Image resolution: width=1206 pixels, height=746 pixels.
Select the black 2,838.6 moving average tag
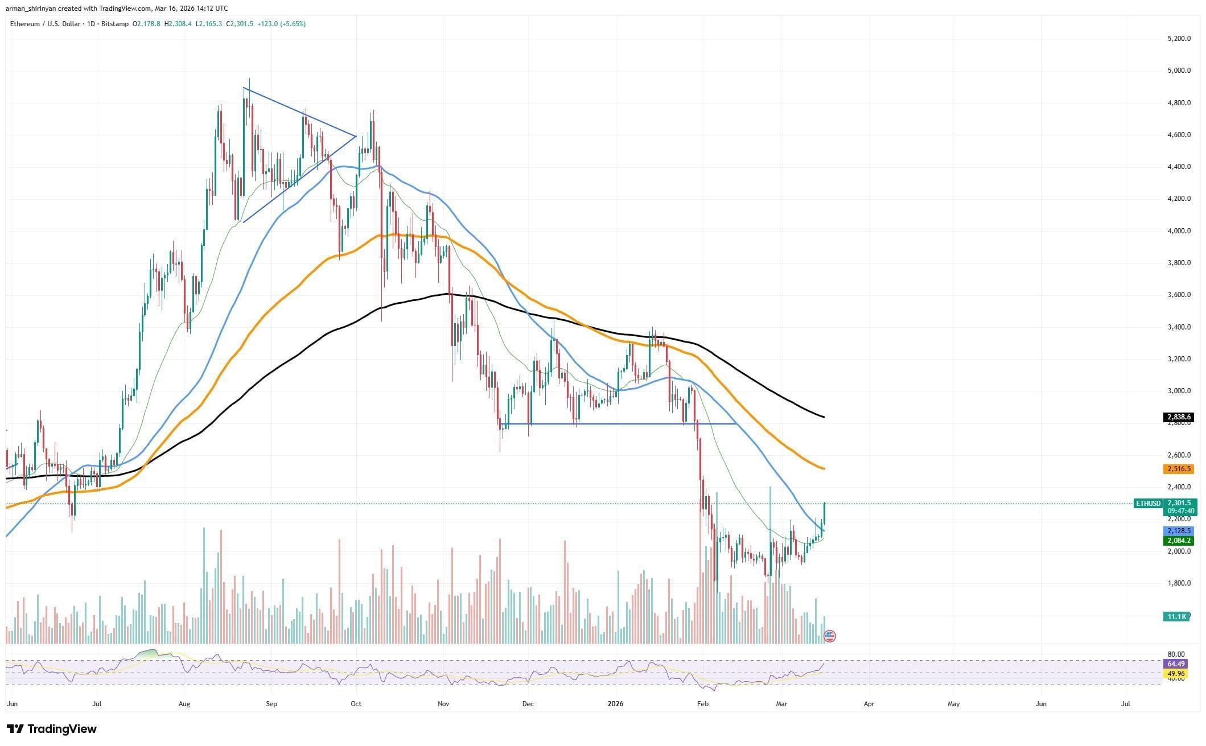tap(1176, 417)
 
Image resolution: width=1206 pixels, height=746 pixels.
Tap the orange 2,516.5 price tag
tap(1176, 469)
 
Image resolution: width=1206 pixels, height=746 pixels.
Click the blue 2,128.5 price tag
tap(1176, 530)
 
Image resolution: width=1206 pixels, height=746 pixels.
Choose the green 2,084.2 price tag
tap(1176, 541)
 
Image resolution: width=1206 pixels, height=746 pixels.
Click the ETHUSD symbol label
tap(1147, 504)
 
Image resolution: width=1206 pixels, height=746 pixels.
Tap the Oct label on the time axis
tap(356, 704)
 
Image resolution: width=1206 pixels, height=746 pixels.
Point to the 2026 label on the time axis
tap(615, 704)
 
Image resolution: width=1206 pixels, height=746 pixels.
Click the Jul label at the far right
tap(1125, 704)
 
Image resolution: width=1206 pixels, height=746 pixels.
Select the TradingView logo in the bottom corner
tap(52, 729)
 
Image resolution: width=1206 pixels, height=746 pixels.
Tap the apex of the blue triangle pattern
tap(356, 136)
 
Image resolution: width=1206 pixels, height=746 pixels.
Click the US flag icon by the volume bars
tap(830, 636)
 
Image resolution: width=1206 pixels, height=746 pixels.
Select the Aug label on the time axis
tap(184, 704)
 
